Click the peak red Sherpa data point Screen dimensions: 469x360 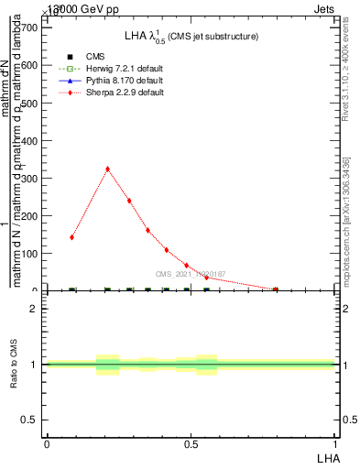[x=107, y=169]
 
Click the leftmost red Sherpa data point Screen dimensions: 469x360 [x=71, y=237]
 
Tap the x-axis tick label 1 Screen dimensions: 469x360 [x=335, y=443]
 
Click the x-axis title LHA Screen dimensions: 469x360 [x=327, y=457]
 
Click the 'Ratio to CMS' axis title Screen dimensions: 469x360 [x=15, y=365]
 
